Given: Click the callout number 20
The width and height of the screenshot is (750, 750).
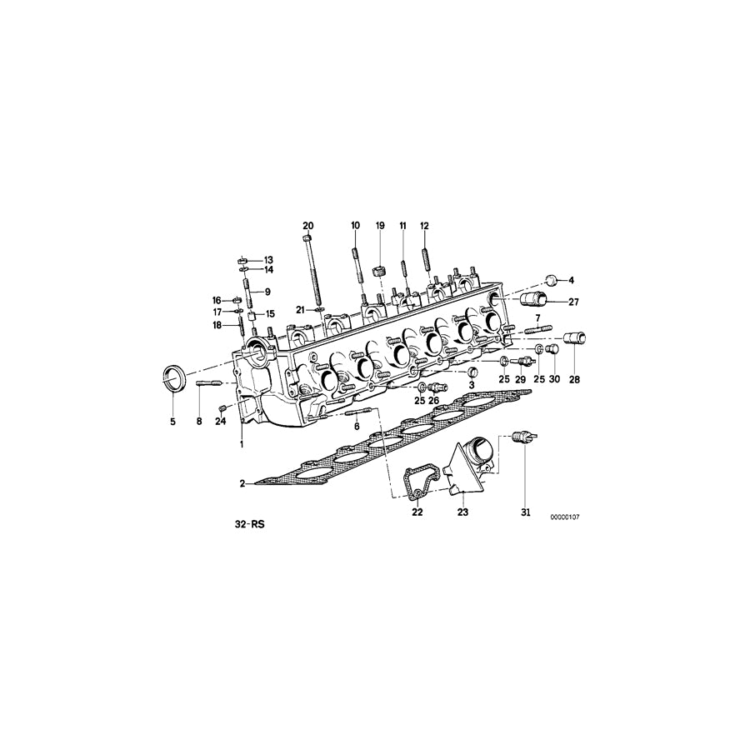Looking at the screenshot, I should [308, 226].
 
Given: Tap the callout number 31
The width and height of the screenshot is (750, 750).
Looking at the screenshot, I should [526, 512].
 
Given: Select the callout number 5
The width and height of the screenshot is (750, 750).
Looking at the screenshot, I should [173, 422].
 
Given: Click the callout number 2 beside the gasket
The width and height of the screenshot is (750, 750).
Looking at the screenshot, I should [242, 483].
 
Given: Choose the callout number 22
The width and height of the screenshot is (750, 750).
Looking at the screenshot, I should [417, 512].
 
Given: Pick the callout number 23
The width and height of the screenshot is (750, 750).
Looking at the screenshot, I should [463, 512].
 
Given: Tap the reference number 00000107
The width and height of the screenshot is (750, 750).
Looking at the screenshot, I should [564, 517].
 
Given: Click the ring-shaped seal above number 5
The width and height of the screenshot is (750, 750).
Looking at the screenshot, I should [174, 379].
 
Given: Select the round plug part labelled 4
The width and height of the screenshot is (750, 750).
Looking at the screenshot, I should [550, 279].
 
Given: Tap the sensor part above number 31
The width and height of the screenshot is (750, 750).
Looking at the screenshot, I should [524, 438].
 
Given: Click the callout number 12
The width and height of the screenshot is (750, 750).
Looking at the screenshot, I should [423, 226].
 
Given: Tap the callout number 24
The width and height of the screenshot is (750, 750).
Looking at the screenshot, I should [220, 422].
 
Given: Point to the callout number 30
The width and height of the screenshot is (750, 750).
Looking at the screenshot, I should [554, 380].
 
